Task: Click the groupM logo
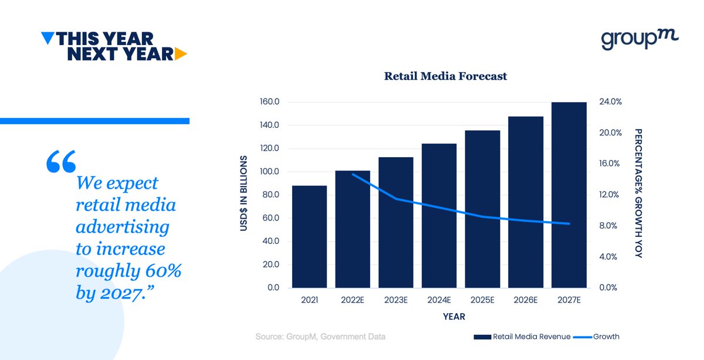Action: (639, 39)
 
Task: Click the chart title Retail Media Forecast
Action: (445, 76)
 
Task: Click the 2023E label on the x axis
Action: (395, 300)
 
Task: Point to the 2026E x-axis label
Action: (525, 300)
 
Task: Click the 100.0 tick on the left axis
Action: (269, 172)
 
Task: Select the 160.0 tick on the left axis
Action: (269, 102)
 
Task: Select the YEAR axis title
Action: (454, 317)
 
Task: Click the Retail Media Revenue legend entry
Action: (522, 337)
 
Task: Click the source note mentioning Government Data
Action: (320, 337)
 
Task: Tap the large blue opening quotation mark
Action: (60, 161)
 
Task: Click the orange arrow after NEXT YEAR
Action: (181, 55)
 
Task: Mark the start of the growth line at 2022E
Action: (353, 174)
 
